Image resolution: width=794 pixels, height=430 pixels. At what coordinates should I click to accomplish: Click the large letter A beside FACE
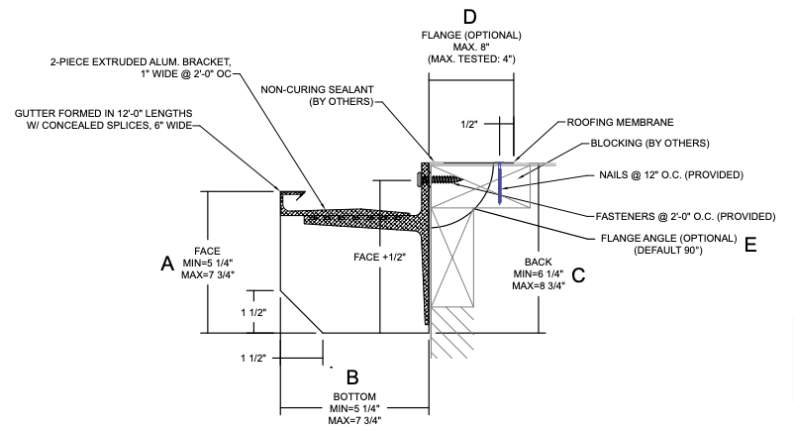coord(167,263)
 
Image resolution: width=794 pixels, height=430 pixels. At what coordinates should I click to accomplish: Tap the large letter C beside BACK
coord(579,275)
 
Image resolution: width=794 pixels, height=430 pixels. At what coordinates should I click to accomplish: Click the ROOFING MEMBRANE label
coord(620,122)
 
